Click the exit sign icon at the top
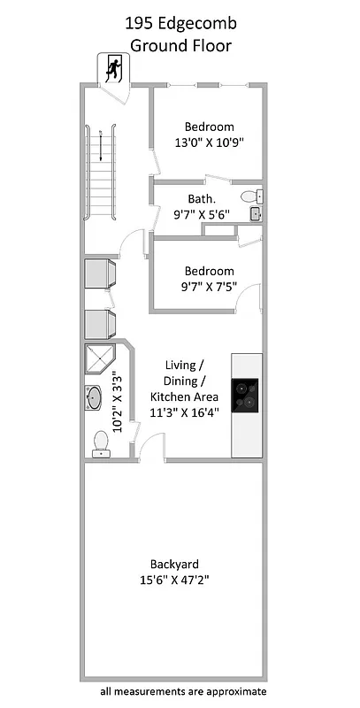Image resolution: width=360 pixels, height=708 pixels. click(112, 68)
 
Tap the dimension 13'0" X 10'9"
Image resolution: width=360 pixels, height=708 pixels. click(209, 142)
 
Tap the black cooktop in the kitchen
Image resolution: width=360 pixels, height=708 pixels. click(247, 395)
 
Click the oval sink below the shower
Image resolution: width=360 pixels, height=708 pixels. click(95, 398)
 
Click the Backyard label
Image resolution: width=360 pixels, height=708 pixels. click(173, 564)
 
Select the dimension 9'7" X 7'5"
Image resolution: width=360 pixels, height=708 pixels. click(209, 287)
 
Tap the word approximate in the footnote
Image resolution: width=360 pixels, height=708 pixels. click(234, 691)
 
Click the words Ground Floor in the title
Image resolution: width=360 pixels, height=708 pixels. click(180, 44)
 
